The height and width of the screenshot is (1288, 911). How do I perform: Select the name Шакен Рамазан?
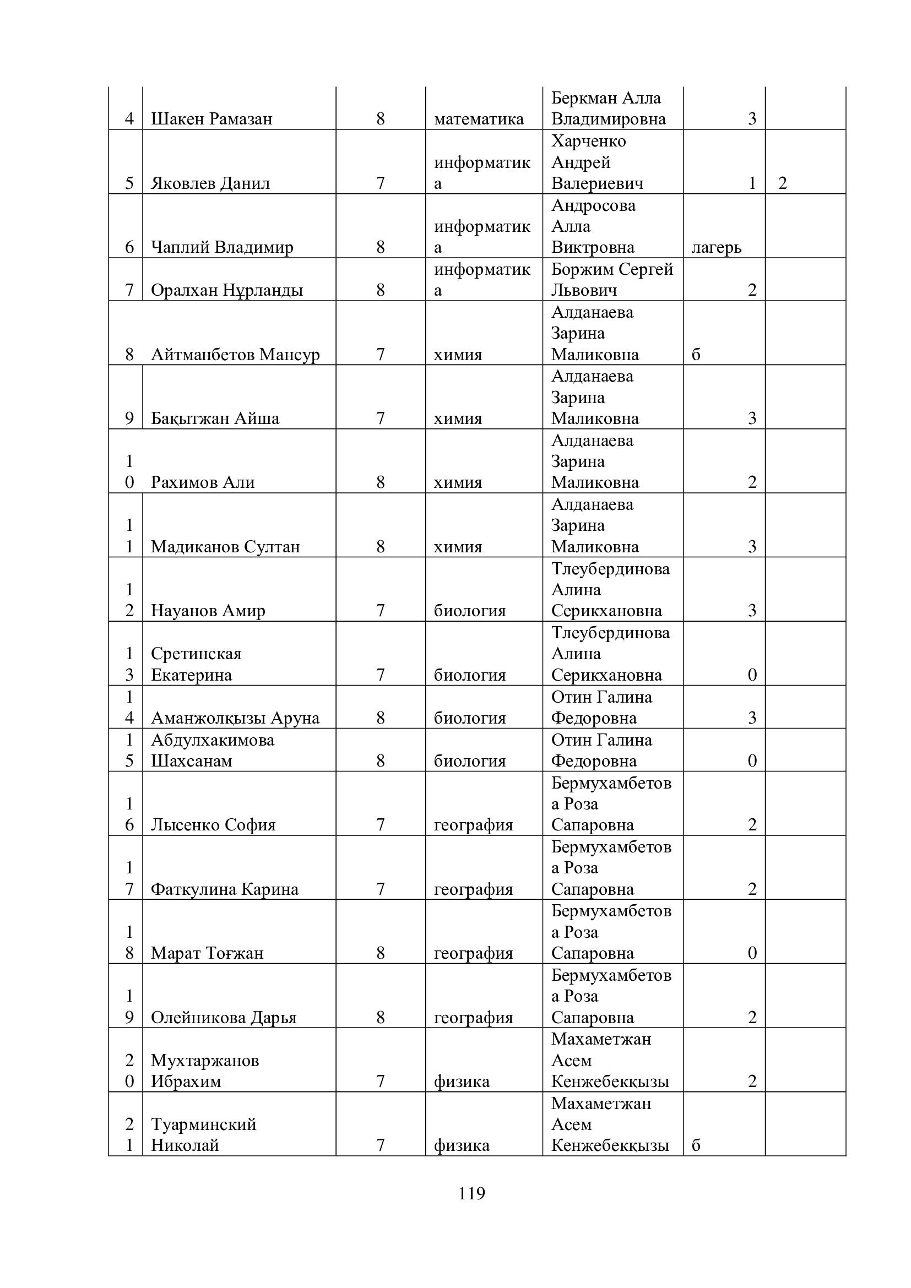(212, 119)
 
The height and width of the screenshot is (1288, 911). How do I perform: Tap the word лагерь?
(717, 247)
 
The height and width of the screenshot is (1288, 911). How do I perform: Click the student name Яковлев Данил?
(210, 183)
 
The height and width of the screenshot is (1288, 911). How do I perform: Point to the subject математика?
(479, 119)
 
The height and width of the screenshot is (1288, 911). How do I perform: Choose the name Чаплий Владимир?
(221, 247)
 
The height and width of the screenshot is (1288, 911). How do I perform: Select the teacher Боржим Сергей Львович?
(611, 279)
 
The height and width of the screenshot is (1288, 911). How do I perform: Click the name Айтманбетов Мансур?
(235, 355)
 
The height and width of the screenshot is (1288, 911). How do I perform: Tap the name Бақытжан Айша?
(215, 419)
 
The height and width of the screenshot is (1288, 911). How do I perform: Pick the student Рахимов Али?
(203, 482)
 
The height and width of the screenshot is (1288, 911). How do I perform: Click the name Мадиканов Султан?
(225, 547)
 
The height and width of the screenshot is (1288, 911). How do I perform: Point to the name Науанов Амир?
(208, 611)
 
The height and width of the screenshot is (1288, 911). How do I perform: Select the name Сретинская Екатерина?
(196, 664)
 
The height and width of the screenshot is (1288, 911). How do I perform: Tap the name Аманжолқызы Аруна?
(235, 718)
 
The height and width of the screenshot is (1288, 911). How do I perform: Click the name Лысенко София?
(213, 825)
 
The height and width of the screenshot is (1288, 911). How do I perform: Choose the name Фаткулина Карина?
(224, 889)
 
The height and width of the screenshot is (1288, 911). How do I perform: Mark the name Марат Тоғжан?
(207, 953)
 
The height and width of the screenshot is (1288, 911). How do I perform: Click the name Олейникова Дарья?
(223, 1018)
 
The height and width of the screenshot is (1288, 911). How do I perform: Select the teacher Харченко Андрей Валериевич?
(597, 162)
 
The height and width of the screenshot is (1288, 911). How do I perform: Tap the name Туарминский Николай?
(203, 1134)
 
